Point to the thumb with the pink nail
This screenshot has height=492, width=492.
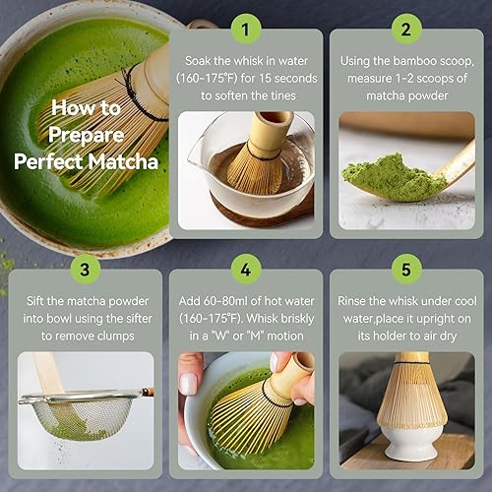(189, 384)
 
